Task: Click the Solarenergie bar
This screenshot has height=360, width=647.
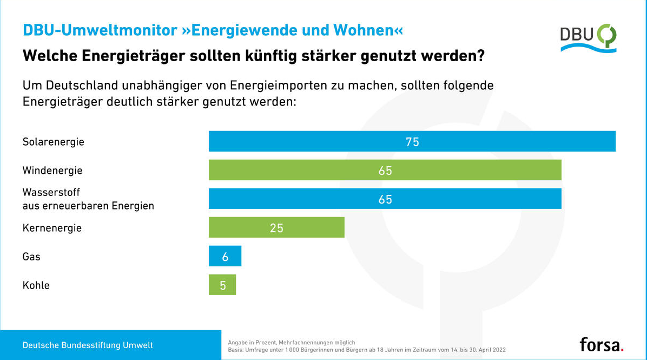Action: (x=325, y=142)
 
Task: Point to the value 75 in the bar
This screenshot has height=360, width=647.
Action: (x=412, y=142)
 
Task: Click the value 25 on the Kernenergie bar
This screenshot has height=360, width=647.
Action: (x=276, y=228)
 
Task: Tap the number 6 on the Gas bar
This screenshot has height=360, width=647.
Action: (x=225, y=257)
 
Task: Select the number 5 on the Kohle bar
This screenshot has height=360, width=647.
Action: (x=223, y=285)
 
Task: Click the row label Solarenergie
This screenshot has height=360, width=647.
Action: (x=53, y=142)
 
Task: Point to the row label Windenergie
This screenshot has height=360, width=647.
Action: (x=52, y=171)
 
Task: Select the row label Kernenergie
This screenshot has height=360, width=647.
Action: (x=52, y=228)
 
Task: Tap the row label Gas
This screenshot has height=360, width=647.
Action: (x=31, y=257)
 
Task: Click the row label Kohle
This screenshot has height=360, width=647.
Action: (x=36, y=285)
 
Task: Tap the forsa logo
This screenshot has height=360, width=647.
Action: (x=601, y=344)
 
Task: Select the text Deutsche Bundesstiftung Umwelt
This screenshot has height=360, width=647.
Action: (x=88, y=345)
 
